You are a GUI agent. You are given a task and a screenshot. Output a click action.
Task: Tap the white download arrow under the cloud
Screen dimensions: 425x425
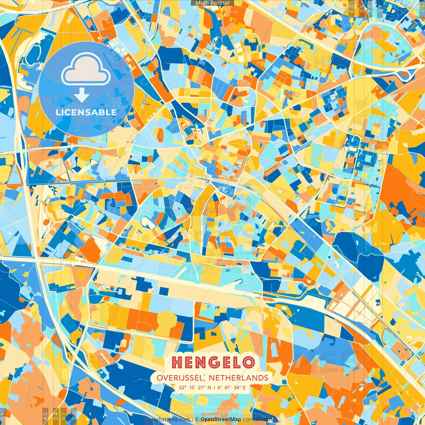tap(82, 95)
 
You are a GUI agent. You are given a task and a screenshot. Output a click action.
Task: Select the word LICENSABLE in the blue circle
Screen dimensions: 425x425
tap(86, 112)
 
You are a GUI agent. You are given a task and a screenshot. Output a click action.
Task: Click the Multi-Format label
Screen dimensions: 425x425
tap(212, 3)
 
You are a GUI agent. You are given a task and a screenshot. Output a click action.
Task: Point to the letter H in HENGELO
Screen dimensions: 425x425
tap(178, 363)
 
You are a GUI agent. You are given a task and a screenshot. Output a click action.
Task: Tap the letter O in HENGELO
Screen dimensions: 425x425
tap(248, 363)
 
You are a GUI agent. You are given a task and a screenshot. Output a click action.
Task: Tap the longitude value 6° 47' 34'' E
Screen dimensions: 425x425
tap(232, 387)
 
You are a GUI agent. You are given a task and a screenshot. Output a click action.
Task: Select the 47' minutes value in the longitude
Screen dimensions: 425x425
tap(230, 387)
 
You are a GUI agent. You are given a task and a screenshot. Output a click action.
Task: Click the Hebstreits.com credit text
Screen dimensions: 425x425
tap(171, 419)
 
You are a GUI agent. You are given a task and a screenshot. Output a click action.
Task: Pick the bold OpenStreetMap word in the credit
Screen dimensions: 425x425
tap(221, 419)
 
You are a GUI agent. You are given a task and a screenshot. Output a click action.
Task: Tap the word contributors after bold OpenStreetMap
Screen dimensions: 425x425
tap(258, 419)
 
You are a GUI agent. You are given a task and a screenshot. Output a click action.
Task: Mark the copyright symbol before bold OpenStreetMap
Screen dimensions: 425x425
tap(197, 419)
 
